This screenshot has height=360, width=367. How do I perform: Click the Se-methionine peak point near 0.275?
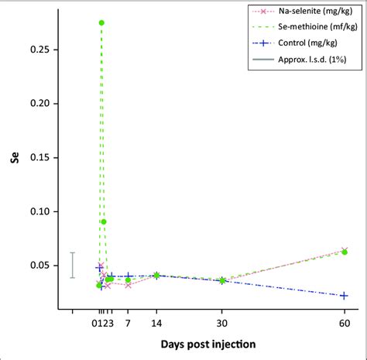[101, 22]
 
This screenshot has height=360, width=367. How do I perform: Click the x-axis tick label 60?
[345, 323]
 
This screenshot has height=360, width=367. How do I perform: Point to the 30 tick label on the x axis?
[222, 323]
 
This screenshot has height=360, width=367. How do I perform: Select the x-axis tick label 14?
[156, 323]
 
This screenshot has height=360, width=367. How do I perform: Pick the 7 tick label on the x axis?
[128, 323]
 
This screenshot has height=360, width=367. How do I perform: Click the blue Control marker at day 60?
[345, 295]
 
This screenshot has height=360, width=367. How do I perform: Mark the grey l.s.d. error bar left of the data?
[72, 265]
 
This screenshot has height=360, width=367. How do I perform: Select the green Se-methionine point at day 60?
[345, 252]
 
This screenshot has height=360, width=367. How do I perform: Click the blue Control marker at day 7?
[128, 276]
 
